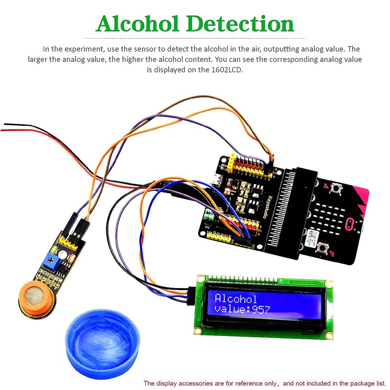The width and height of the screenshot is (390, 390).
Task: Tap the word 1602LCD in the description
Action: [x=226, y=70]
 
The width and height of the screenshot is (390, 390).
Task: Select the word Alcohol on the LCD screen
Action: [x=236, y=299]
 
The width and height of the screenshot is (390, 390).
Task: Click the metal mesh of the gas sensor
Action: [x=31, y=294]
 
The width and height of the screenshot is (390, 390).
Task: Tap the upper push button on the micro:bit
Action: [x=335, y=188]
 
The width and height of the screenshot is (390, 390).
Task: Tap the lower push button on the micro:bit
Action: [x=322, y=249]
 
